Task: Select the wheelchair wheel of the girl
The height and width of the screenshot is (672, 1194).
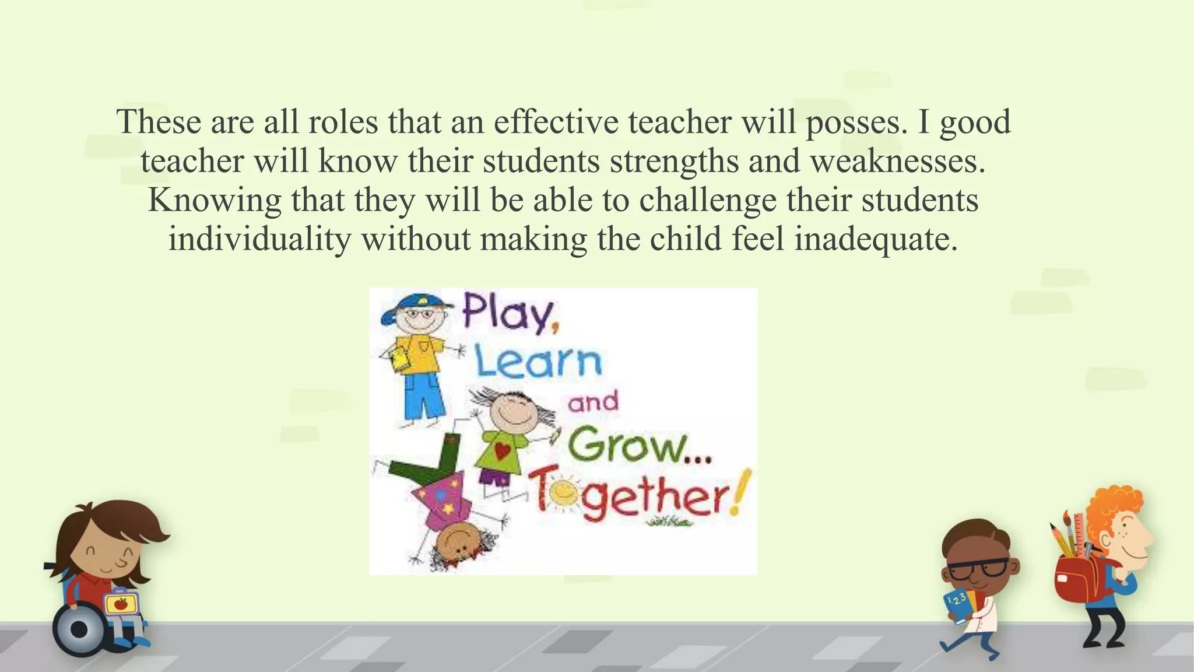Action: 79,629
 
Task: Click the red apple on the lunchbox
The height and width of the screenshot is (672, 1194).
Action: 121,603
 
